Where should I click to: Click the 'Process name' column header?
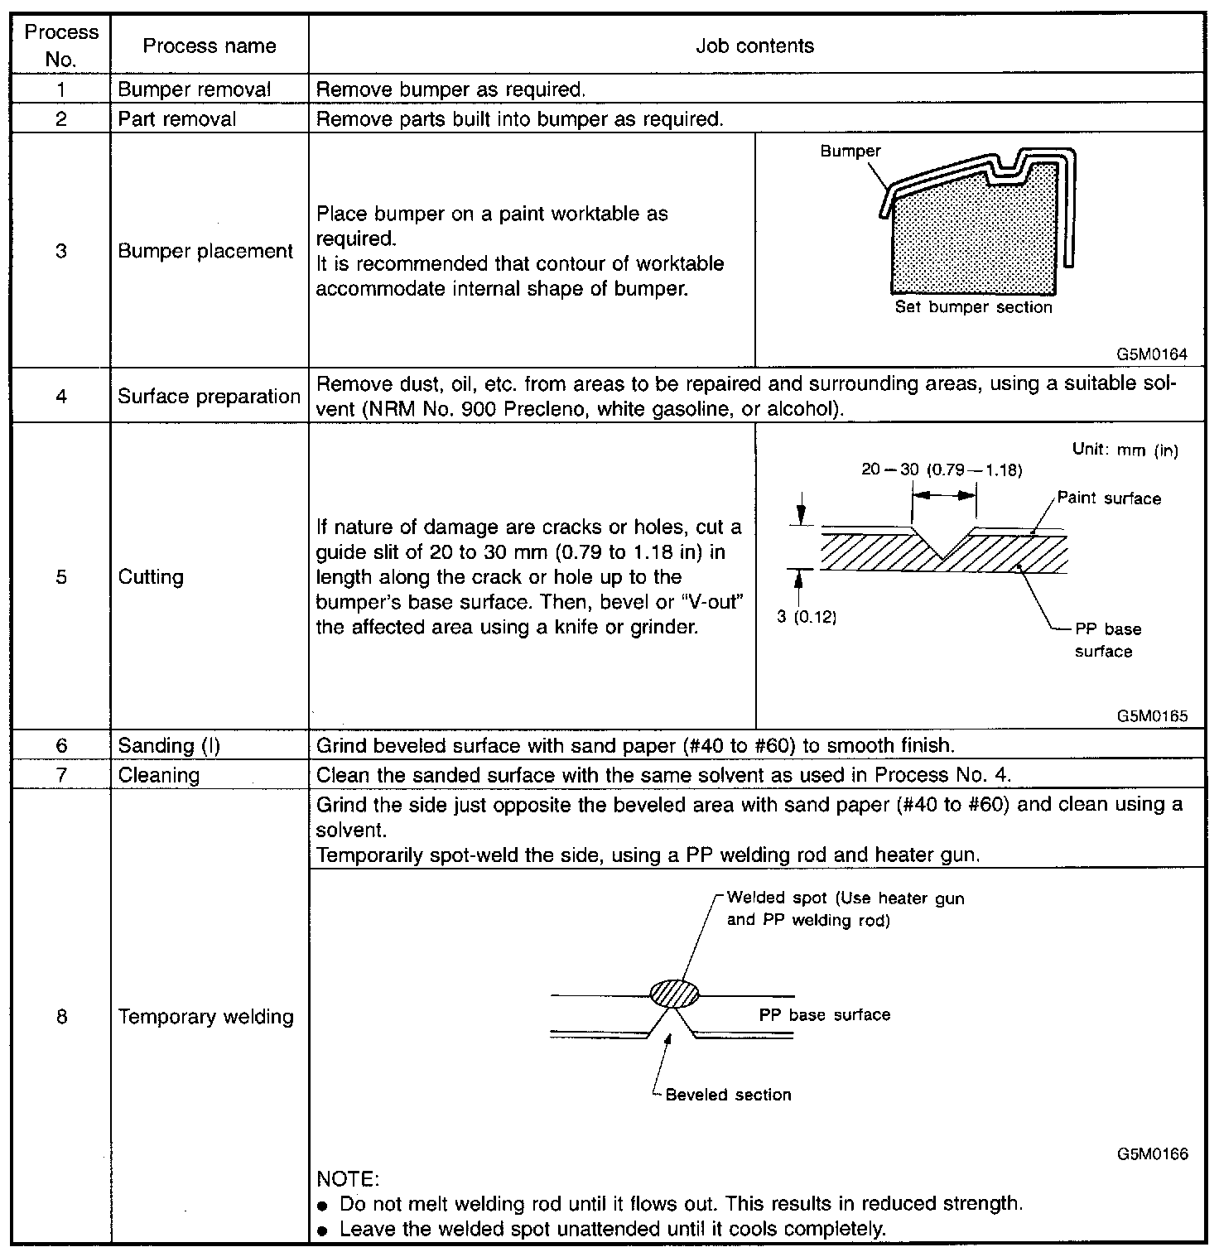(209, 46)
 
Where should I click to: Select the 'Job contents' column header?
(754, 46)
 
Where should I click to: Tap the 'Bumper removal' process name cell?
(195, 89)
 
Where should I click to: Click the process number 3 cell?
(61, 250)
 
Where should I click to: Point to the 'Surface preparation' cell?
(209, 396)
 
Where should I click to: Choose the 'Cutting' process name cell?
(151, 576)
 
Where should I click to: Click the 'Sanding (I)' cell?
(169, 745)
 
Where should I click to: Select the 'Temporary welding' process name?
(205, 1016)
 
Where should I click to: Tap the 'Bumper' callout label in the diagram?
(850, 151)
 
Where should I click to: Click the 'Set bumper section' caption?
(973, 307)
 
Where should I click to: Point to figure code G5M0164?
(1151, 354)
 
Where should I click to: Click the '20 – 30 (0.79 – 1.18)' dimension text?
(942, 469)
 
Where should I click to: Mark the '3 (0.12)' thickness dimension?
(807, 617)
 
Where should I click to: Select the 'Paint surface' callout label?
(1109, 498)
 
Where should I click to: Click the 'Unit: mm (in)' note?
(1125, 450)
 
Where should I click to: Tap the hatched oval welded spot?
(674, 992)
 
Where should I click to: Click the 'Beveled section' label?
(728, 1095)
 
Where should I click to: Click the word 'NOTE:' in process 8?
(348, 1177)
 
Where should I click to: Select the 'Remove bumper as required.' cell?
(451, 89)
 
